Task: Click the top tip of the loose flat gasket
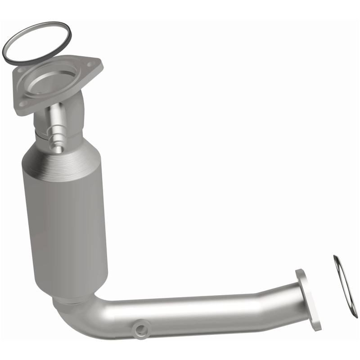[336, 258]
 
